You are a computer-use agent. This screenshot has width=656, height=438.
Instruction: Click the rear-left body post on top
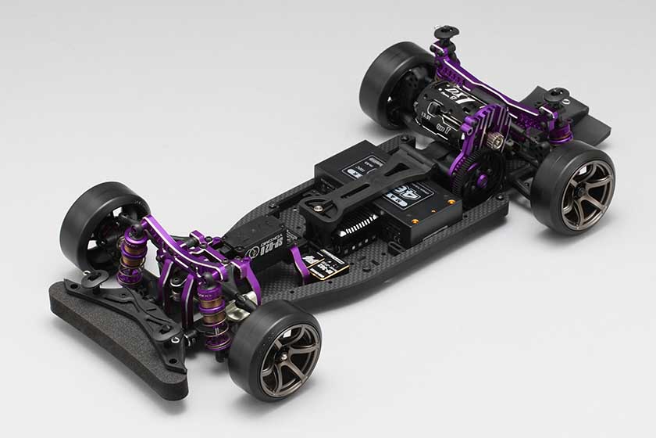[x=447, y=34]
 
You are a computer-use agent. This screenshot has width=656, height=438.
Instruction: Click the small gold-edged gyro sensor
[x=325, y=267]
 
